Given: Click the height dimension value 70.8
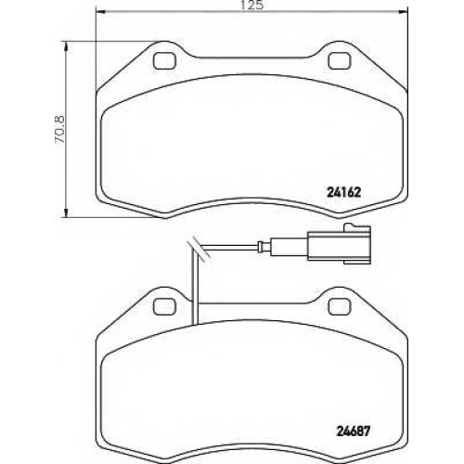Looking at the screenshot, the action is [x=59, y=129].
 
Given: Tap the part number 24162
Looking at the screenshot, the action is [x=343, y=193].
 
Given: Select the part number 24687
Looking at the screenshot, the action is [x=353, y=431].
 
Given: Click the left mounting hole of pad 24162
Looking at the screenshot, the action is [x=164, y=61].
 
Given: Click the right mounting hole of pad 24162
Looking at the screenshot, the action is [x=340, y=61].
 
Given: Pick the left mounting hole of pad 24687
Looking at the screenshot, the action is [x=164, y=306].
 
